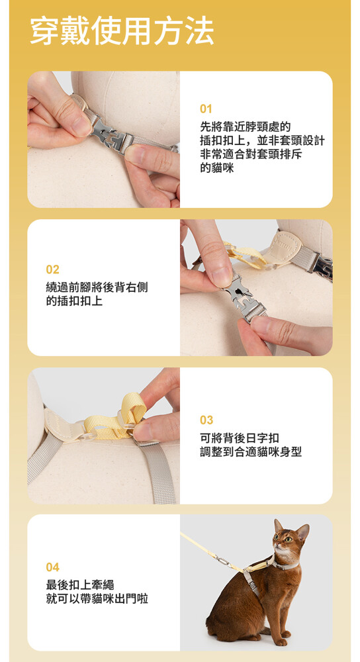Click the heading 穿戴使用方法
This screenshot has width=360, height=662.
pyautogui.click(x=122, y=32)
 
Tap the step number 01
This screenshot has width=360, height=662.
pyautogui.click(x=206, y=109)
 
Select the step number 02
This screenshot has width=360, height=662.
pyautogui.click(x=53, y=269)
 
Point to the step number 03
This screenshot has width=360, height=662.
pyautogui.click(x=206, y=420)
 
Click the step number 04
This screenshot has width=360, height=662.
pyautogui.click(x=53, y=567)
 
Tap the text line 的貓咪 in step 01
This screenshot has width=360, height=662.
pyautogui.click(x=216, y=168)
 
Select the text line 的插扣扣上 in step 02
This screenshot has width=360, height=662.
pyautogui.click(x=74, y=301)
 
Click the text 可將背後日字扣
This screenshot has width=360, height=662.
pyautogui.click(x=240, y=438)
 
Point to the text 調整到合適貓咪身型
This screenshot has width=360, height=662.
pyautogui.click(x=251, y=452)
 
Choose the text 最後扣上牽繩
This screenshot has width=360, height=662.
pyautogui.click(x=80, y=585)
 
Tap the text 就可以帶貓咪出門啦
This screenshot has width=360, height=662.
pyautogui.click(x=97, y=598)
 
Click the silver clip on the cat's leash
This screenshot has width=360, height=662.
pyautogui.click(x=223, y=561)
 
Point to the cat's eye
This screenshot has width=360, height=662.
pyautogui.click(x=289, y=540)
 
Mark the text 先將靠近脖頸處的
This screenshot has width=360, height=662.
pyautogui.click(x=246, y=126)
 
